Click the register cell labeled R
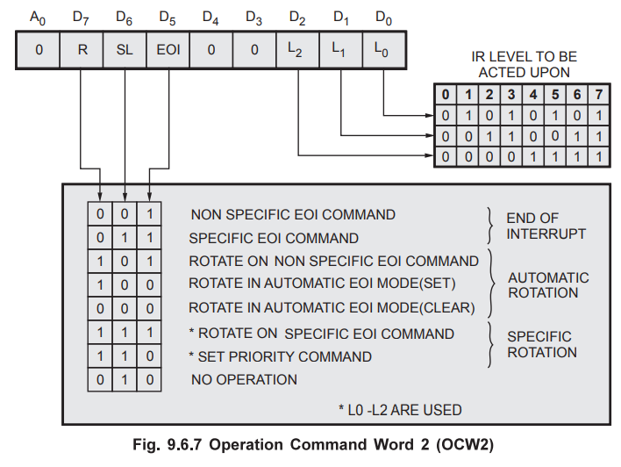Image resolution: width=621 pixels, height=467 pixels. pos(82,50)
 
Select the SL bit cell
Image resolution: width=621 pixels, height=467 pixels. pos(125,50)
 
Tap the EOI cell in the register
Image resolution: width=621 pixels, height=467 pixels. pos(168,50)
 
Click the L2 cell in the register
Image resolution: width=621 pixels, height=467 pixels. pos(298,50)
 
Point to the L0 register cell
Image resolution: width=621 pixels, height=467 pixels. pos(384,50)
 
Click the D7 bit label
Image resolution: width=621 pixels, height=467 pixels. pos(82,17)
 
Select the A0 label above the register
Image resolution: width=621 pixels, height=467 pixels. pos(39,17)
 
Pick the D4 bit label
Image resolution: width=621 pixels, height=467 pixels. pos(211,17)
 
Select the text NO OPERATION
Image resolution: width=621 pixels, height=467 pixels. pos(244,380)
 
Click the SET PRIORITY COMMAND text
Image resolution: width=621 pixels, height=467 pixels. pos(281,357)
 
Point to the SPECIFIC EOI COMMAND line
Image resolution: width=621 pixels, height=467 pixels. pos(275,238)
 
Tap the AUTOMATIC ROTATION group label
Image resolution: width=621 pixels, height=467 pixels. pos(548,285)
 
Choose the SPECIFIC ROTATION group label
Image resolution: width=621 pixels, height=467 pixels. pos(541,344)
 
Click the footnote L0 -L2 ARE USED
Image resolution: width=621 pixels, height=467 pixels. pos(400,409)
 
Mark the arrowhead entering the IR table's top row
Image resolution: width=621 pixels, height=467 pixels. pos(431,114)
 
